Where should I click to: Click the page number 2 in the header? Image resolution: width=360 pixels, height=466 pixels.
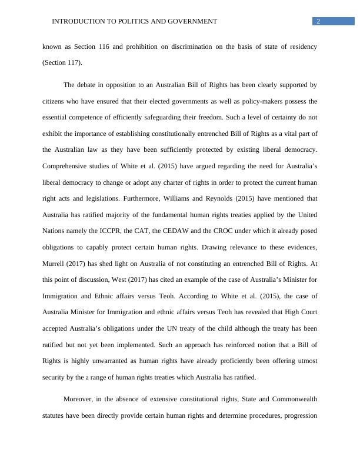click(318, 22)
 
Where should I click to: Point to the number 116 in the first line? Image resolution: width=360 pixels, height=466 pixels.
click(113, 46)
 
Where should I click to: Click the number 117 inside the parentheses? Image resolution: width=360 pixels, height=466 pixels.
click(73, 62)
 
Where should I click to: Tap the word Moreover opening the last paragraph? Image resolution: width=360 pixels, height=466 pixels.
click(79, 400)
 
